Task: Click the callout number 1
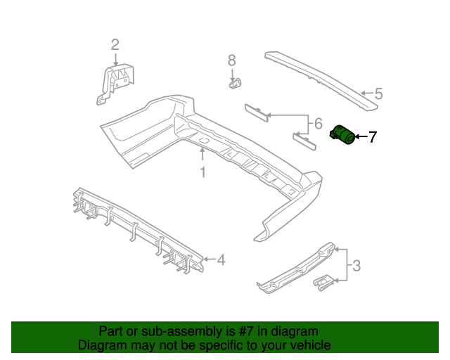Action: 202,172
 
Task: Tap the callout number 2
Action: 115,45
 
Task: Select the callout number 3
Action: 356,266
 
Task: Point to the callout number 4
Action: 221,260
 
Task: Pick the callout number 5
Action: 378,94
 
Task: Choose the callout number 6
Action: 318,124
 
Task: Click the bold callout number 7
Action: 373,136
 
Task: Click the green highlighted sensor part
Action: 344,134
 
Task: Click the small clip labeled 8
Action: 234,83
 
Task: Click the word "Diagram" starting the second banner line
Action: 101,345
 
